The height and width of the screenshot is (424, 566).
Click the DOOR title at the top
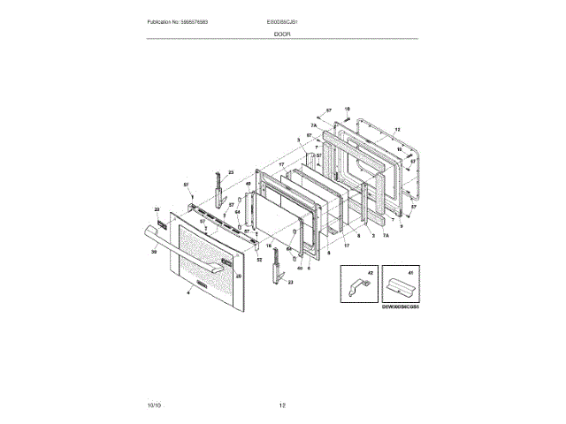pos(282,34)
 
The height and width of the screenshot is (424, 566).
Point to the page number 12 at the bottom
pos(282,405)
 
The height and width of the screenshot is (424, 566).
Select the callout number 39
pos(153,253)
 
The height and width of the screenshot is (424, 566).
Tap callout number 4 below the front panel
pos(188,291)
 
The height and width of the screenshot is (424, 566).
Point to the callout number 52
pos(259,260)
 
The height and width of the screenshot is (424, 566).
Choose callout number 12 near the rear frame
pos(398,129)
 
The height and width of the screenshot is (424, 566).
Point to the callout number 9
pos(400,226)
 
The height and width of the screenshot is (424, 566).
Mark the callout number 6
pos(309,267)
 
